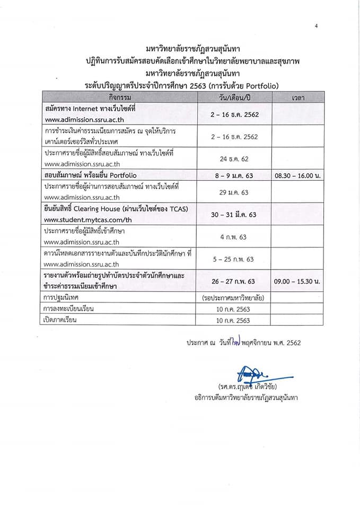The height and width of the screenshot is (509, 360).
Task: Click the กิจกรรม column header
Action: click(119, 98)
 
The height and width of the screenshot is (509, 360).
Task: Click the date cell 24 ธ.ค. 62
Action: click(233, 159)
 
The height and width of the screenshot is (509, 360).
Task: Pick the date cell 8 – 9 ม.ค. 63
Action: click(233, 175)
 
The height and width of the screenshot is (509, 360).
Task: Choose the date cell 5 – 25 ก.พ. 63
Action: click(233, 259)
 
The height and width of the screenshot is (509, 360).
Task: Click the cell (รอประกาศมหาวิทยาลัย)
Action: click(233, 298)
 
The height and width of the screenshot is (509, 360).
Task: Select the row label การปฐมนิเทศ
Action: click(61, 298)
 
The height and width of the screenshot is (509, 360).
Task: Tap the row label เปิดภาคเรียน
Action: click(61, 320)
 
